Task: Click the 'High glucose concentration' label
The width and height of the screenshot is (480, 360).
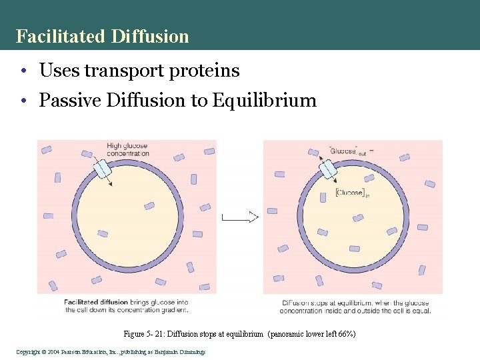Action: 127,149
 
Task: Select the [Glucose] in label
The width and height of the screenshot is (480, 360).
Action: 352,193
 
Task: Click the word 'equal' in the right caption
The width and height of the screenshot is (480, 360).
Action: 421,310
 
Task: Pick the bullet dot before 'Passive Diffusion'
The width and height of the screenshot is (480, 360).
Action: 23,101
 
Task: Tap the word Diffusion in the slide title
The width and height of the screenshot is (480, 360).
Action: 151,36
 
